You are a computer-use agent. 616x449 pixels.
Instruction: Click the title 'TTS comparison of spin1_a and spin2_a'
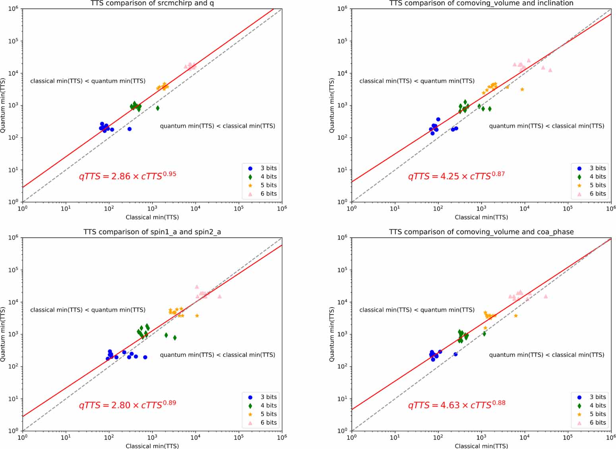click(152, 232)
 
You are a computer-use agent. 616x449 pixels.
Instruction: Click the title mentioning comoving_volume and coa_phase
click(481, 232)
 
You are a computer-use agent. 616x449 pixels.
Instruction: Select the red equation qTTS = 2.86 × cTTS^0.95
click(128, 175)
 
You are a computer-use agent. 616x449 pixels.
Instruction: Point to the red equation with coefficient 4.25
click(456, 175)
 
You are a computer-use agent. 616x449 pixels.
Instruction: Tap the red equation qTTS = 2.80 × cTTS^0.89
click(128, 404)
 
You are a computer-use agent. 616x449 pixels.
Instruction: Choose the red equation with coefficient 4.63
click(457, 404)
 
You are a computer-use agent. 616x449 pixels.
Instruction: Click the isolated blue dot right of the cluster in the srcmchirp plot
click(129, 129)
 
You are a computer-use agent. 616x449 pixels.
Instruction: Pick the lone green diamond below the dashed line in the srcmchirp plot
click(158, 108)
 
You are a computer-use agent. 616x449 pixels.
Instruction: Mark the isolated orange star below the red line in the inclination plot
click(522, 89)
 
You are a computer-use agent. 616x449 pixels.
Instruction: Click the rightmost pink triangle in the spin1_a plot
click(219, 296)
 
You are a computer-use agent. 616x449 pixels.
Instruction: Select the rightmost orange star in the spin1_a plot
click(197, 316)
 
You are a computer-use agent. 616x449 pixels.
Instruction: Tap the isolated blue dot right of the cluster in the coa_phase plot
click(455, 354)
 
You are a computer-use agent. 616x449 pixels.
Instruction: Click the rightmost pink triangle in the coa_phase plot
click(546, 296)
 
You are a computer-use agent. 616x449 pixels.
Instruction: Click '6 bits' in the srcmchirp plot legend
click(269, 194)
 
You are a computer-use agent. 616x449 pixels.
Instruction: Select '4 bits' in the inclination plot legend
click(598, 176)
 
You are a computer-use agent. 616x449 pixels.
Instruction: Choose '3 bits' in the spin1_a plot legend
click(269, 397)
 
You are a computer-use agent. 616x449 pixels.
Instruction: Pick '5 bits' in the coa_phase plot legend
click(598, 414)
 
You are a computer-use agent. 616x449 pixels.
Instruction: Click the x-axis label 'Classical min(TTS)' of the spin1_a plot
click(152, 446)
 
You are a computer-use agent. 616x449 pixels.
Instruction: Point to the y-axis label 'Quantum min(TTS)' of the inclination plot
click(332, 105)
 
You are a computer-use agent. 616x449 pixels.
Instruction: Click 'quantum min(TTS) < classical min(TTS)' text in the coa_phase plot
click(546, 355)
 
